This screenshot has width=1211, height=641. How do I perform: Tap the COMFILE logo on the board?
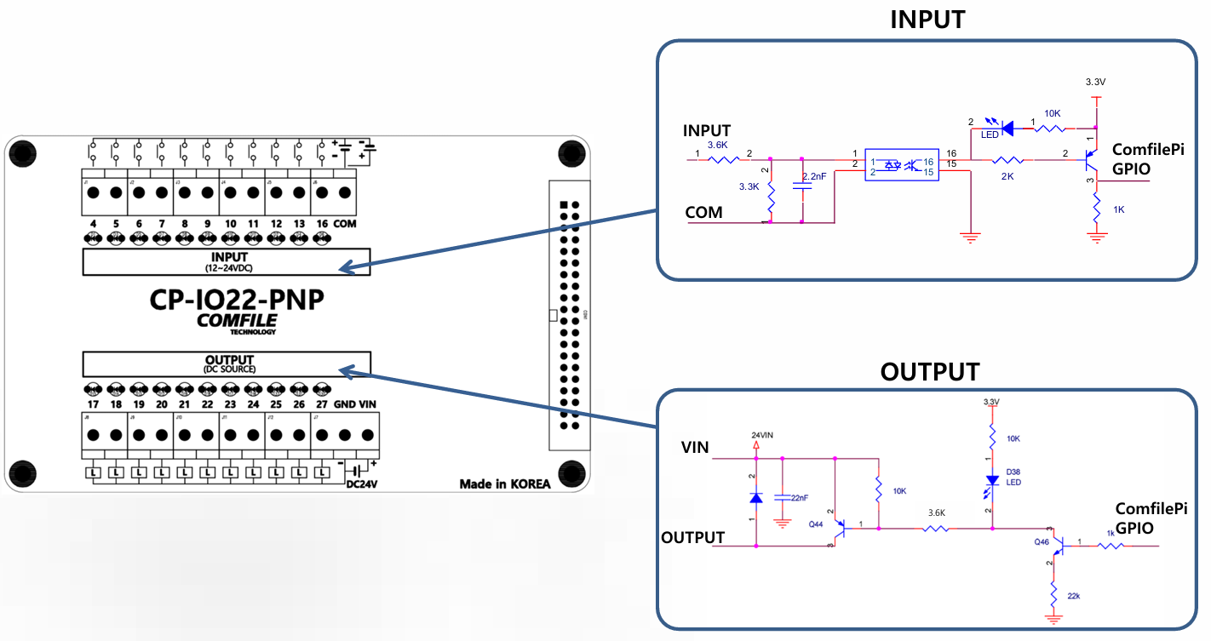pyautogui.click(x=237, y=321)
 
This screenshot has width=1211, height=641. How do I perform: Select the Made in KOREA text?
pyautogui.click(x=505, y=484)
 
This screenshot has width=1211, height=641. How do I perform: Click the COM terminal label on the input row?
pyautogui.click(x=345, y=224)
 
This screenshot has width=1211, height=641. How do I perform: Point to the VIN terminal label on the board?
pyautogui.click(x=368, y=404)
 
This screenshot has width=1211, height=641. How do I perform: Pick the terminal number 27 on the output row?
pyautogui.click(x=321, y=404)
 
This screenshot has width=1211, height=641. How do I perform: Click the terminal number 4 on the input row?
pyautogui.click(x=93, y=224)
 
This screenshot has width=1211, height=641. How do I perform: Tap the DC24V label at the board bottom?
pyautogui.click(x=362, y=485)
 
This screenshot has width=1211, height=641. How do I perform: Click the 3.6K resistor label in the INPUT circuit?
pyautogui.click(x=718, y=145)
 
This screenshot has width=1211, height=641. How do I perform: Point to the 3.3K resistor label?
pyautogui.click(x=749, y=186)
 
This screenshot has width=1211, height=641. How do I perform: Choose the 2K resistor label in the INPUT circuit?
pyautogui.click(x=1007, y=177)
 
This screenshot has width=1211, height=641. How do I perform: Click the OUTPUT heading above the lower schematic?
pyautogui.click(x=929, y=372)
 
